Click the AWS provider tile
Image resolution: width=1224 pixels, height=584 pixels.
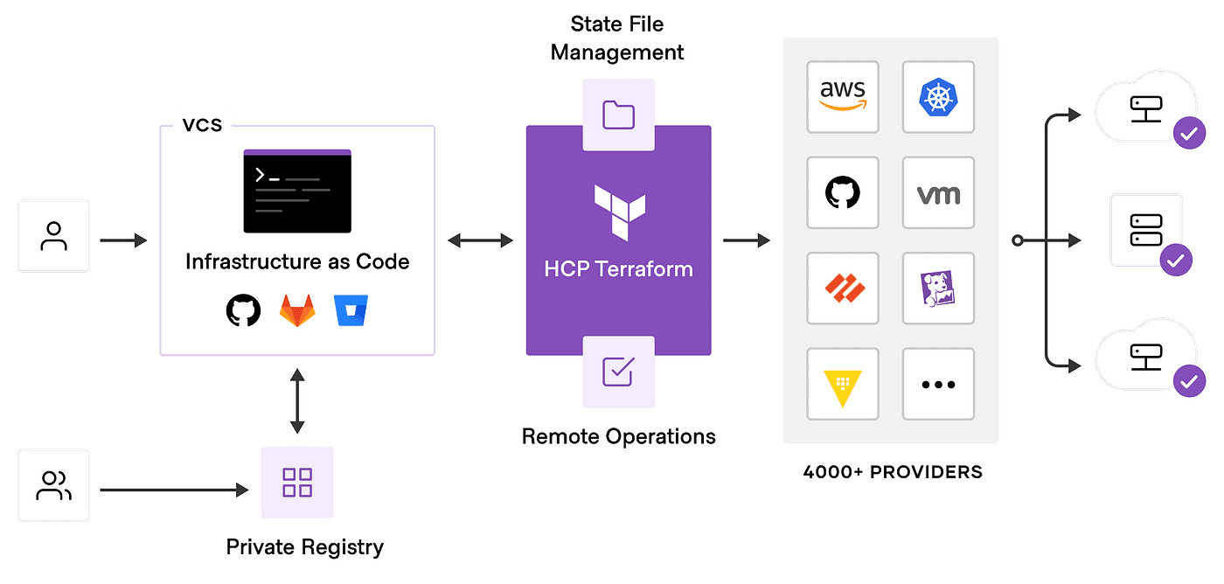pos(843,97)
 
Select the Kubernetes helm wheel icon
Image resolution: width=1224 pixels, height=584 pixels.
pos(938,97)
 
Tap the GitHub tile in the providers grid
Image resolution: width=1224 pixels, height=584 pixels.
pos(843,192)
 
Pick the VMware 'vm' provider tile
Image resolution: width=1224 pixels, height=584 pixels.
pos(938,192)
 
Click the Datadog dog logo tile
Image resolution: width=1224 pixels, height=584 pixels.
pos(938,289)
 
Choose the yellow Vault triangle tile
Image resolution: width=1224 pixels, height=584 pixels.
pos(843,384)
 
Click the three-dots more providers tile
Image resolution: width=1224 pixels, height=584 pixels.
pos(938,384)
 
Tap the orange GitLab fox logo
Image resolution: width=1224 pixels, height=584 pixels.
pos(296,311)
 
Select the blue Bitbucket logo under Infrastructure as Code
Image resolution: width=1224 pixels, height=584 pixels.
pos(351,311)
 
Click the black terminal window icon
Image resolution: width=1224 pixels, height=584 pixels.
pos(297,191)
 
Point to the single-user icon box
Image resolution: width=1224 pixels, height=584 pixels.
pos(54,236)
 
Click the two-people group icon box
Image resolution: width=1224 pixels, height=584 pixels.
pos(54,486)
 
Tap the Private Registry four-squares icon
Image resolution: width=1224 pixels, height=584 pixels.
pos(297,483)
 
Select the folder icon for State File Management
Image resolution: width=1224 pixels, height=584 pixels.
pos(618,115)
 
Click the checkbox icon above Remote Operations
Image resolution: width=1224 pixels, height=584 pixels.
pos(618,371)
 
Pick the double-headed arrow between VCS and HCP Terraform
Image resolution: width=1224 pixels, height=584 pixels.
pos(480,240)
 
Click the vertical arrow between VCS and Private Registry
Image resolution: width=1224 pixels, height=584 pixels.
pos(297,401)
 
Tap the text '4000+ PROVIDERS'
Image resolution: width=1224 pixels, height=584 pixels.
pos(893,472)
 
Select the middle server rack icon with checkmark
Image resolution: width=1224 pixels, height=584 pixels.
pos(1146,231)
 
